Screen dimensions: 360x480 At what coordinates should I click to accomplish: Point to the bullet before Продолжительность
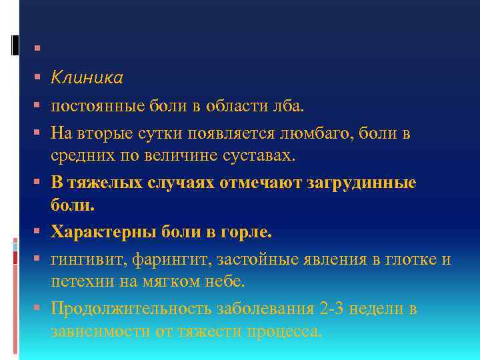pyautogui.click(x=35, y=309)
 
